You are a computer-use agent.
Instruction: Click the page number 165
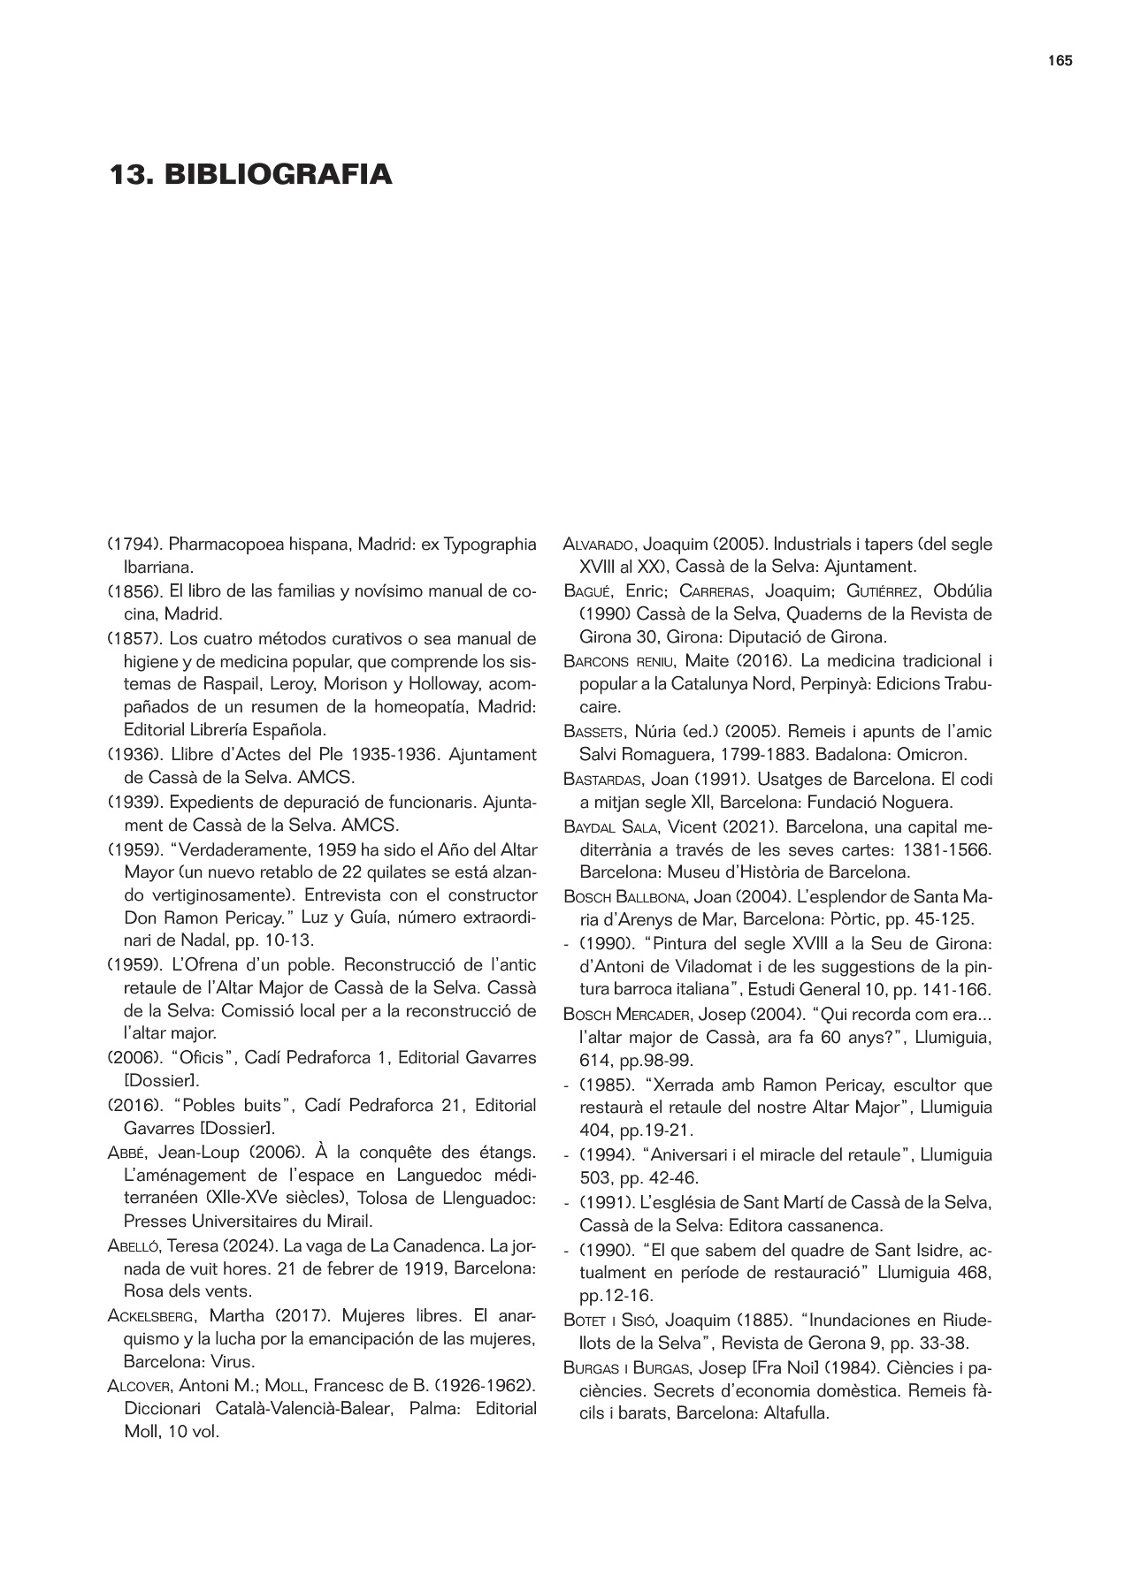[1060, 61]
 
